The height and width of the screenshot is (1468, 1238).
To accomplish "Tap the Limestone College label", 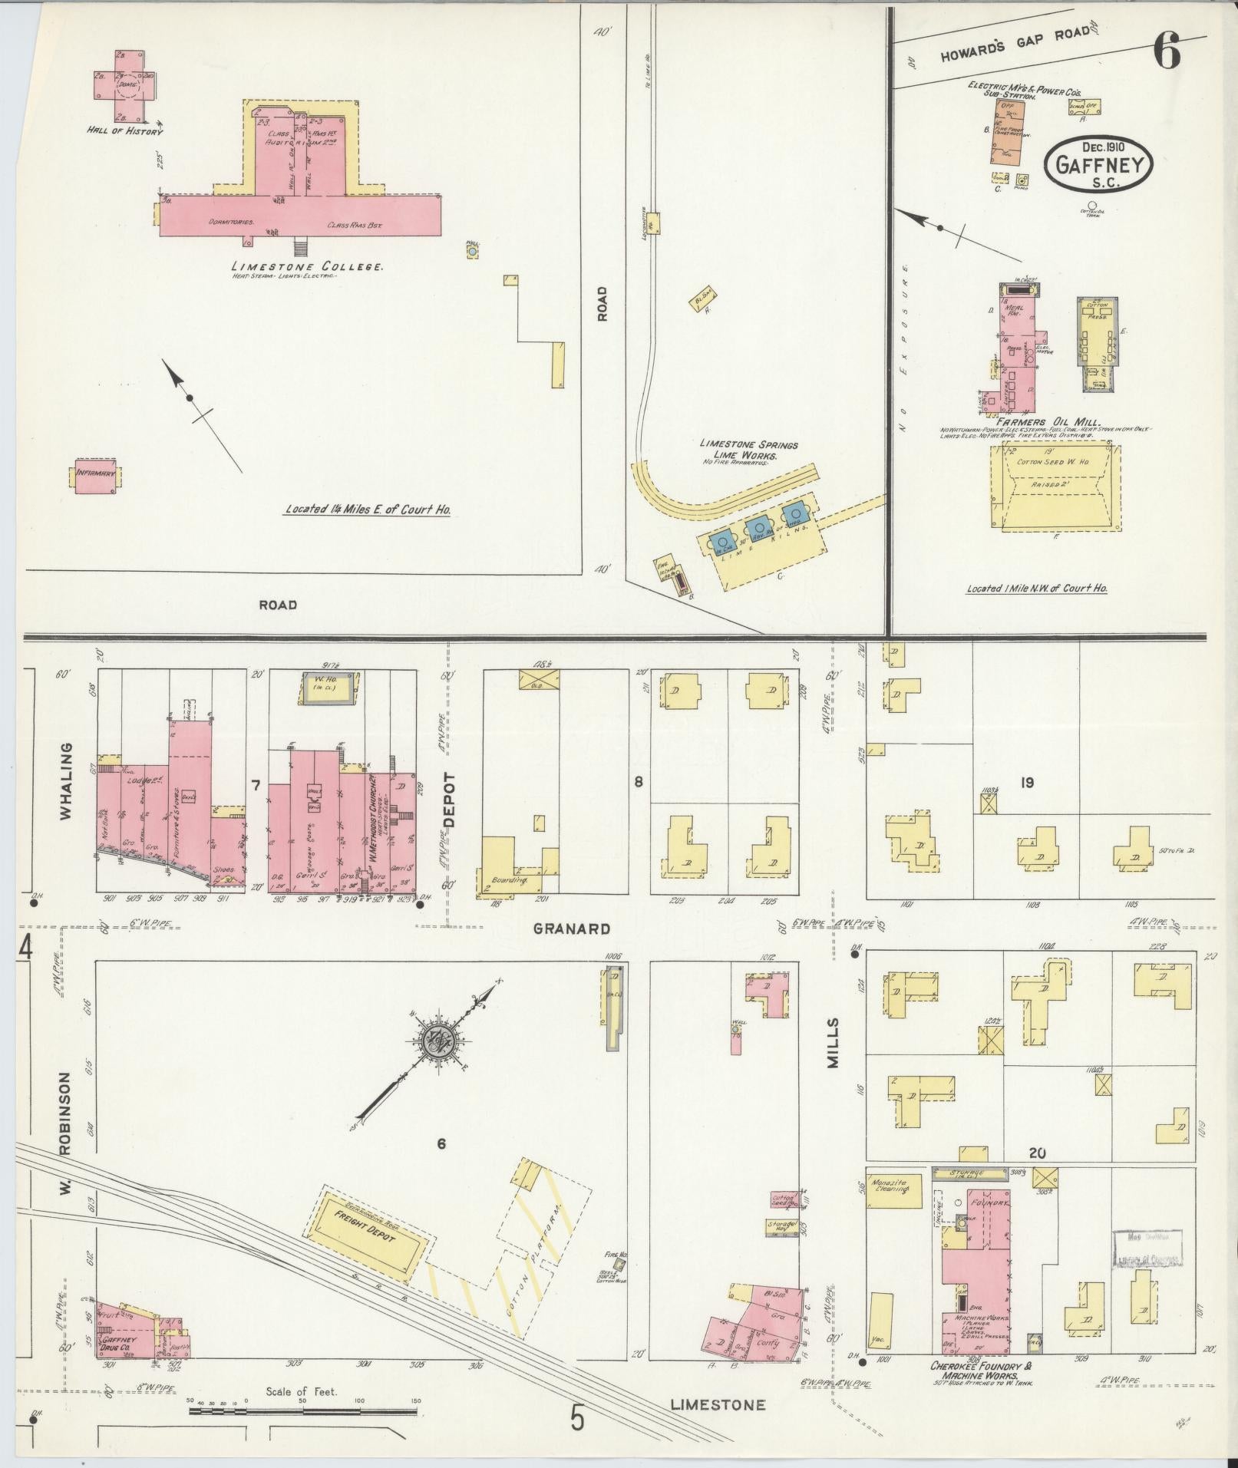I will pos(308,266).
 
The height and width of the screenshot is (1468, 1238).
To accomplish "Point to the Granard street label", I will pos(572,928).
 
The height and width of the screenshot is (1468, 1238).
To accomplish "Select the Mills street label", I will pos(834,1044).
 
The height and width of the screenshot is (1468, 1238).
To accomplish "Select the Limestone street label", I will pos(717,1404).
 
